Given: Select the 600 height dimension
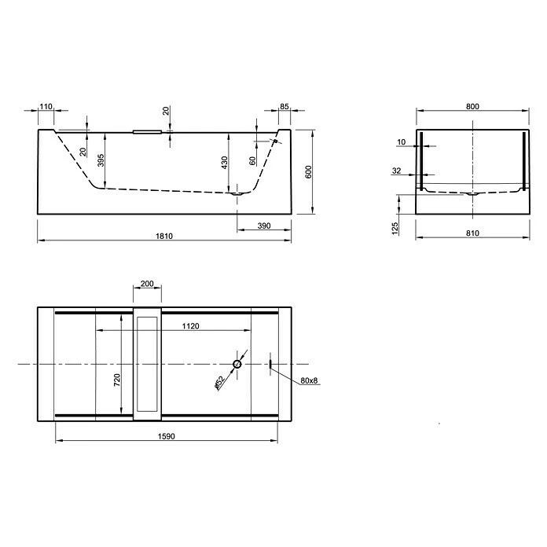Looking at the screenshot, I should point(309,172).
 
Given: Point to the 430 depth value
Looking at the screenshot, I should point(224,163).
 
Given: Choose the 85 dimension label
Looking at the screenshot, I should point(284,106).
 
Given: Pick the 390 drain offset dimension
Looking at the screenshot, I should point(263,226).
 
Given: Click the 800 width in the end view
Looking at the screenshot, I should point(472,106).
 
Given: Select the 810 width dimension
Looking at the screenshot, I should point(472,233).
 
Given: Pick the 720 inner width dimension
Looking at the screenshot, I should point(116,381).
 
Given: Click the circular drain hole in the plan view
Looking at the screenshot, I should point(237,365).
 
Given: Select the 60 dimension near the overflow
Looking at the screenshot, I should point(251,161).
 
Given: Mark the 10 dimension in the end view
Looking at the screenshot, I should point(401,142).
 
